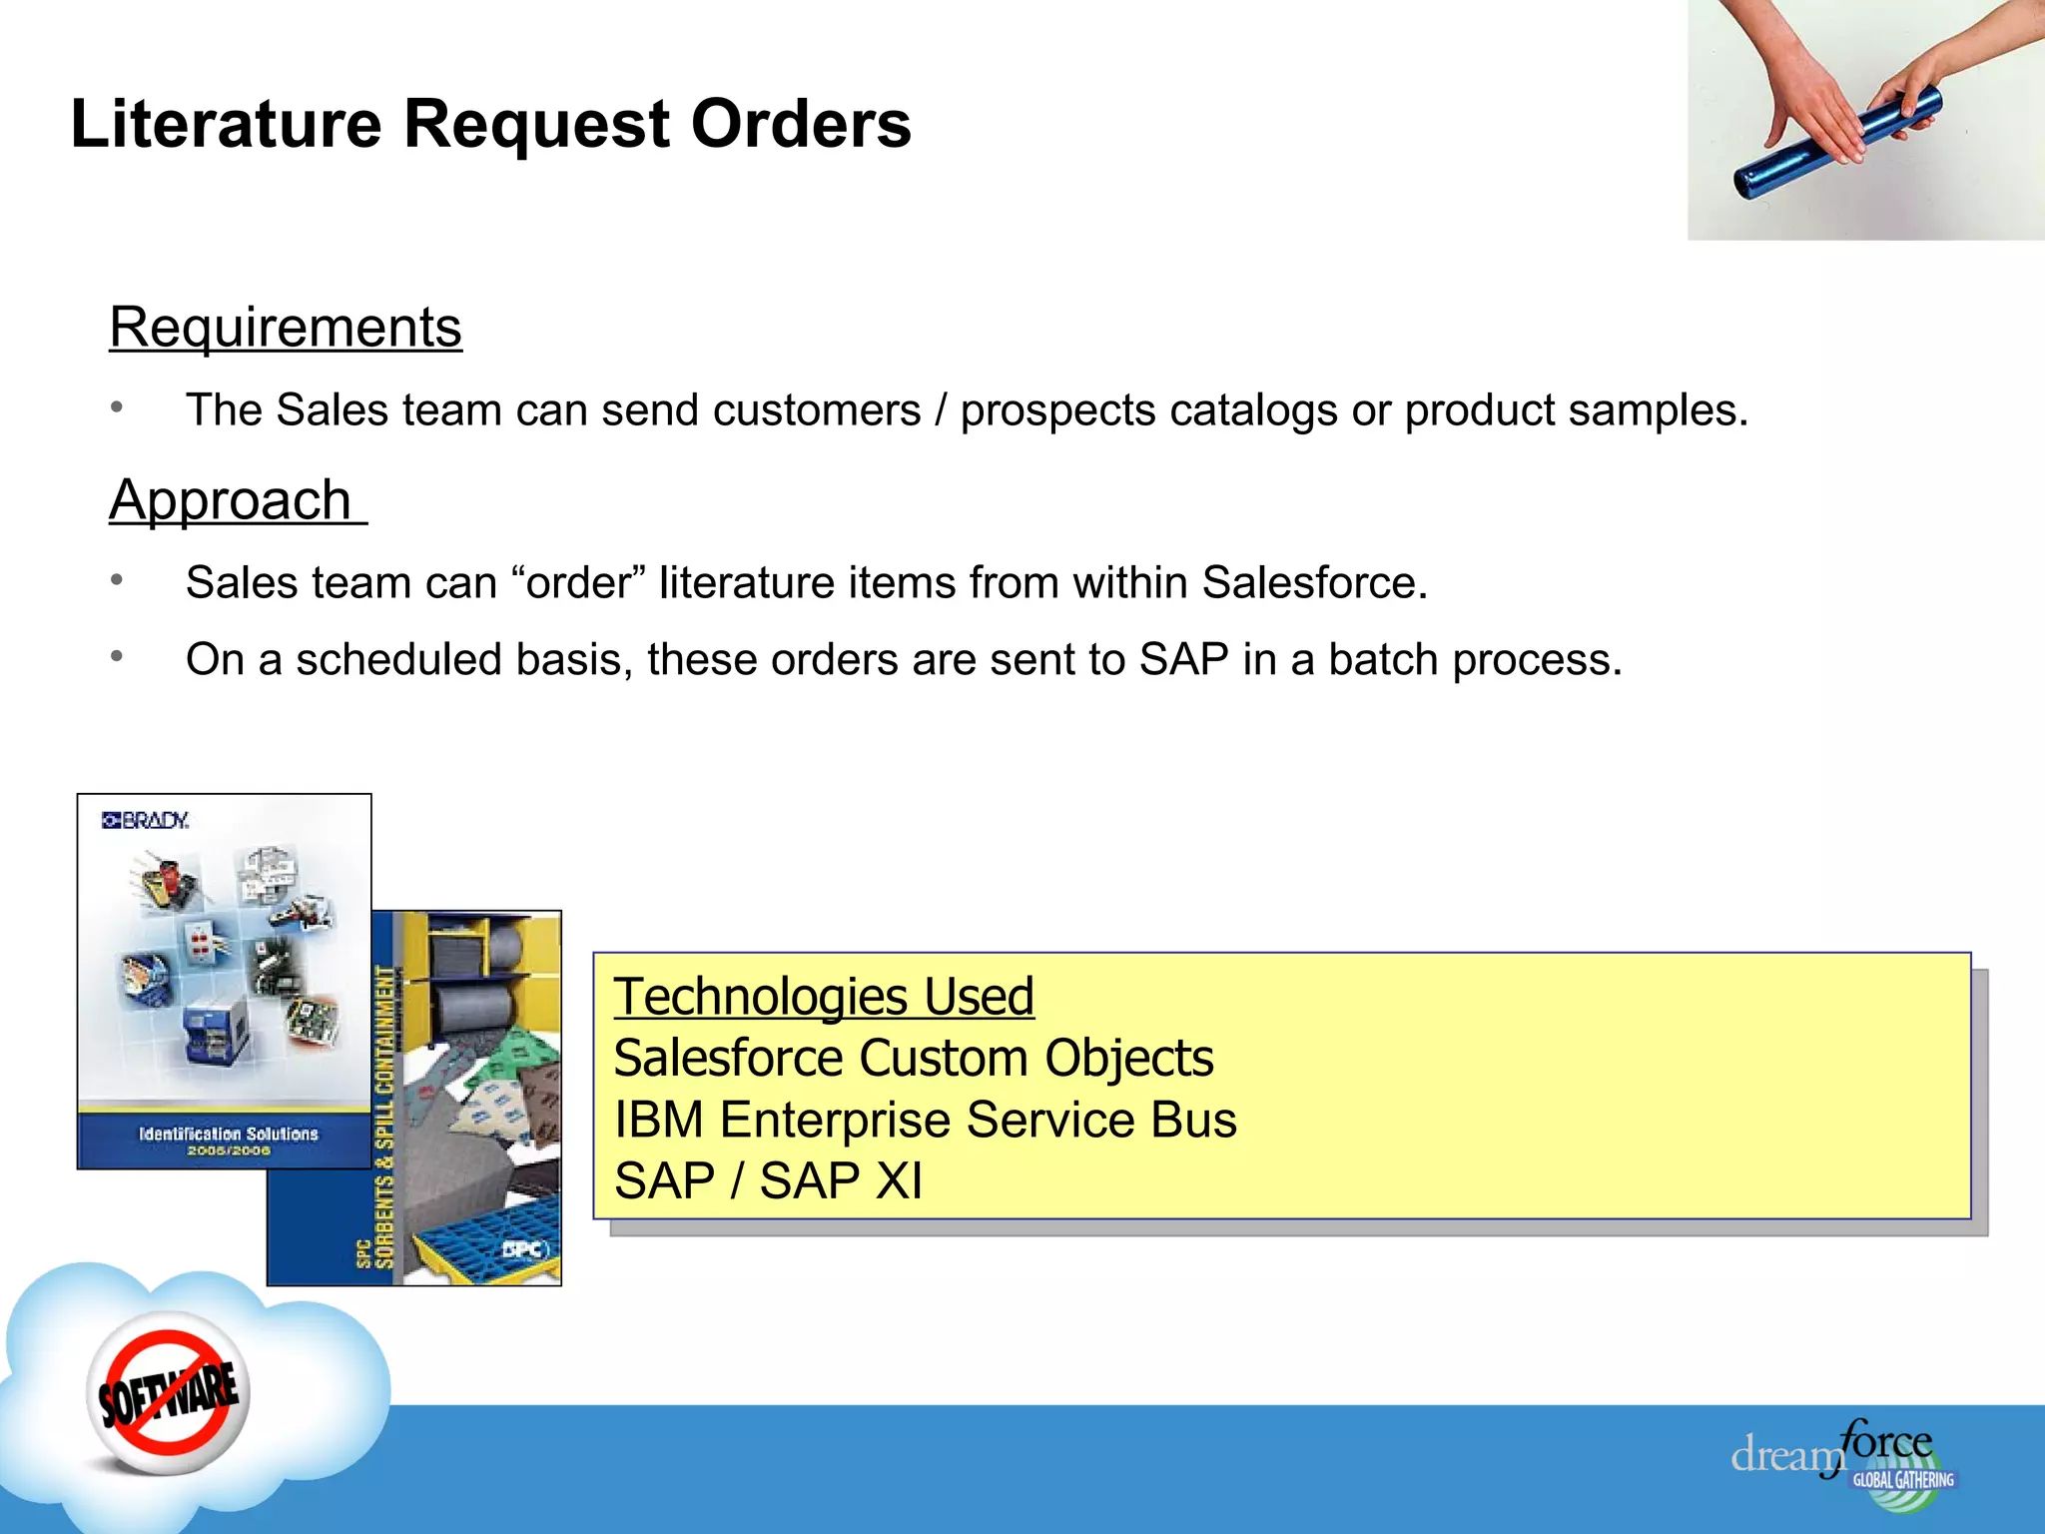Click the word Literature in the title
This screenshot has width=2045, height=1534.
coord(226,125)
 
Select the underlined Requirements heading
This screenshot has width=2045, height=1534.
coord(286,328)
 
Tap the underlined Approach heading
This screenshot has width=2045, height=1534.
coord(231,500)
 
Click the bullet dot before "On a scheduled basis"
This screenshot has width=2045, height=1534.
coord(117,656)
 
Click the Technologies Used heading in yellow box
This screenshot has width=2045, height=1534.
coord(824,997)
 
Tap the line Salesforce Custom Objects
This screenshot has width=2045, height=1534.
coord(913,1059)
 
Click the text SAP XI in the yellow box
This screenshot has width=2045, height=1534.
coord(841,1181)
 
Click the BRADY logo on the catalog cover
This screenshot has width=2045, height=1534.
coord(146,821)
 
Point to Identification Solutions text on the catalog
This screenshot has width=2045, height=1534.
coord(228,1135)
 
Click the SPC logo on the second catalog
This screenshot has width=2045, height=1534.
coord(524,1249)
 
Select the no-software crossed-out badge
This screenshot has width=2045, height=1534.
coord(168,1393)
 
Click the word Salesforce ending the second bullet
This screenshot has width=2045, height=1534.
coord(1313,583)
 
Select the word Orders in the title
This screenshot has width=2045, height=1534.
coord(801,125)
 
